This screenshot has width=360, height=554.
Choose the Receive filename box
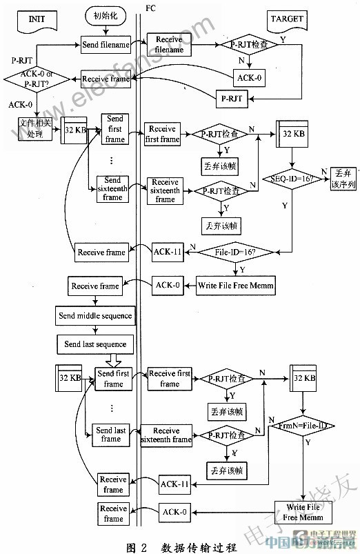(170, 45)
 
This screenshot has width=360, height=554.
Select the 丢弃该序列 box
(342, 178)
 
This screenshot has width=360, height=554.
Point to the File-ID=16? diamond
(239, 253)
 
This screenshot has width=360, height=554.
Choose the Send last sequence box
(96, 344)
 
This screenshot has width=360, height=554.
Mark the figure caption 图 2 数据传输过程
(181, 547)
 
